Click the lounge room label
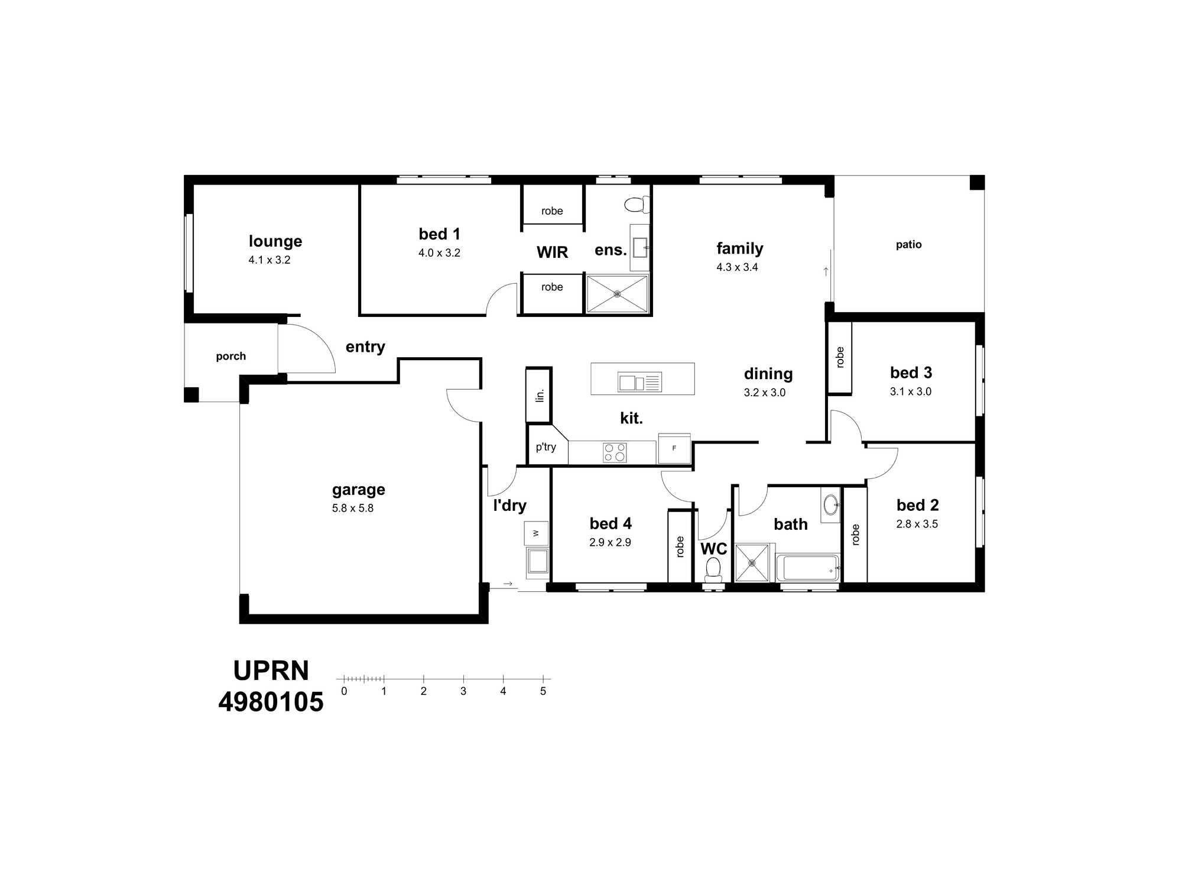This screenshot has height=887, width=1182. (275, 241)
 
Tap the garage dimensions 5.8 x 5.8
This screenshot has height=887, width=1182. (353, 508)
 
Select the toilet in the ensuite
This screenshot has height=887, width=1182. (637, 205)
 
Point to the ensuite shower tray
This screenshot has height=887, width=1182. (617, 293)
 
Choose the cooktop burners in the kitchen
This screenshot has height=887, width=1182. (615, 452)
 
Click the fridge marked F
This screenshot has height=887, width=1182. (674, 448)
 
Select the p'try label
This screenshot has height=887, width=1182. (546, 447)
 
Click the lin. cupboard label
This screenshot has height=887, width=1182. (540, 395)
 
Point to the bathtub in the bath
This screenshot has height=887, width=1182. (808, 568)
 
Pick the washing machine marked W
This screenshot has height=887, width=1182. (536, 533)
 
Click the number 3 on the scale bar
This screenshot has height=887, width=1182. (463, 691)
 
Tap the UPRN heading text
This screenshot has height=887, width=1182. (271, 671)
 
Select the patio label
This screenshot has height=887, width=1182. (908, 244)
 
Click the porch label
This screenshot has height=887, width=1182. (230, 356)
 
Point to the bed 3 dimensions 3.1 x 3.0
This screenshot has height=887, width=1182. (911, 391)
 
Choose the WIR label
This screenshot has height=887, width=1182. (552, 252)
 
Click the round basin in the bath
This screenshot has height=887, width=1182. (831, 504)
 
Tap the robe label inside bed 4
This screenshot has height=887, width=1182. (680, 546)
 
